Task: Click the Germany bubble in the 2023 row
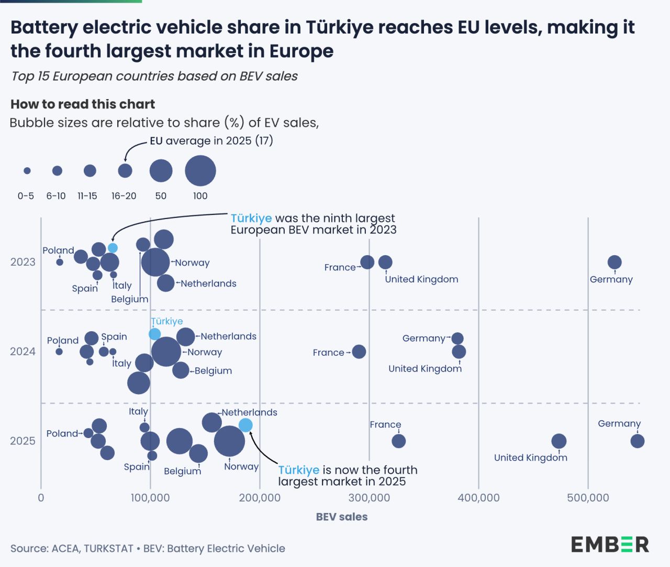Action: point(615,262)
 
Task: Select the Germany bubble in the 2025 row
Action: point(637,441)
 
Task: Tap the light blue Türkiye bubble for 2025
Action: point(245,425)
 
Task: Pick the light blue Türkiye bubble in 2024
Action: point(154,334)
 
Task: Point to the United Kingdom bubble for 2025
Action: point(559,441)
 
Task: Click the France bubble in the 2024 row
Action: point(359,352)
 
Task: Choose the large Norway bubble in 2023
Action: point(155,262)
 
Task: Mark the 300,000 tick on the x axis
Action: point(369,498)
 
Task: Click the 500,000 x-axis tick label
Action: point(588,498)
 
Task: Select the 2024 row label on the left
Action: point(23,352)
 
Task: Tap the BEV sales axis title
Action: point(342,517)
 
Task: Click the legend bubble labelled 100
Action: point(200,171)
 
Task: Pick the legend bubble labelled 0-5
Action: point(27,171)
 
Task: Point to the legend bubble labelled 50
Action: point(161,171)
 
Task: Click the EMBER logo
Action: point(610,544)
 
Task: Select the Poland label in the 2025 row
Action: point(62,433)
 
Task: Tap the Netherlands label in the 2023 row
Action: point(208,283)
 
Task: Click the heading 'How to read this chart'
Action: point(83,104)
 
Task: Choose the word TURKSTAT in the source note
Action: point(108,549)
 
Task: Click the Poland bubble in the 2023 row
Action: point(60,262)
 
